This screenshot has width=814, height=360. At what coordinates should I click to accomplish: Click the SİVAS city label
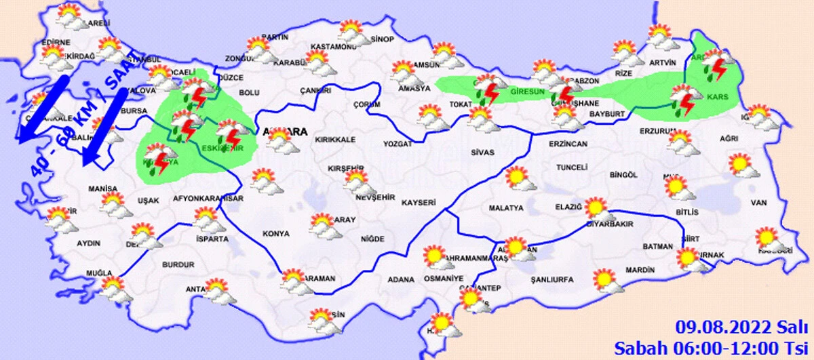pyautogui.click(x=482, y=153)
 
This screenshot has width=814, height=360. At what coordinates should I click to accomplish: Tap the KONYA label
pyautogui.click(x=275, y=234)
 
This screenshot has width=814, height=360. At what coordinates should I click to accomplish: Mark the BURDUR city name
pyautogui.click(x=178, y=264)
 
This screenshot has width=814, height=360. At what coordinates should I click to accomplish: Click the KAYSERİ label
pyautogui.click(x=417, y=202)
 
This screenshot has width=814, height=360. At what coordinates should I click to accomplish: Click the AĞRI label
pyautogui.click(x=729, y=138)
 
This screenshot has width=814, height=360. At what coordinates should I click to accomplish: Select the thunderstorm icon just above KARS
pyautogui.click(x=683, y=100)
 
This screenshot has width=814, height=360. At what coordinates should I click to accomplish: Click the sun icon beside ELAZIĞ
pyautogui.click(x=596, y=208)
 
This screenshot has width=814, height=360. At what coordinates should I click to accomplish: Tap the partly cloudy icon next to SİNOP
pyautogui.click(x=352, y=32)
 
